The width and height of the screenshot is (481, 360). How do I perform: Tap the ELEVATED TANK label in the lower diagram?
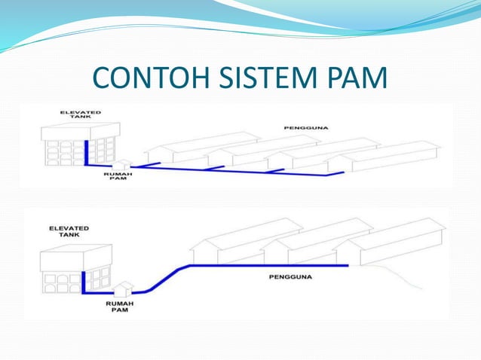pos(69,230)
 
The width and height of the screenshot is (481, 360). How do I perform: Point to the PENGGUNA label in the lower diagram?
pos(289,276)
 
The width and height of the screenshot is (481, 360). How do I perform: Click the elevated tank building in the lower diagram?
pos(75,268)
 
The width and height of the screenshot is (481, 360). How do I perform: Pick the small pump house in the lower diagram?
pos(125,288)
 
